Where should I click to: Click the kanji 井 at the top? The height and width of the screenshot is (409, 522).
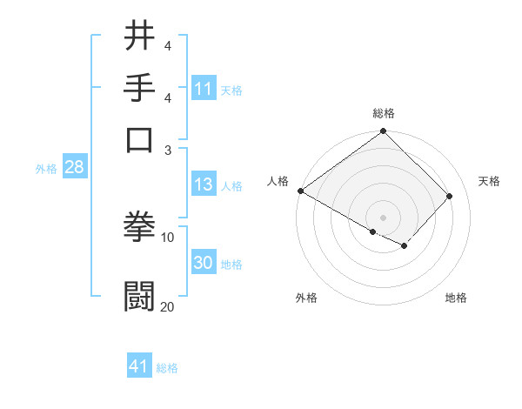[139, 36]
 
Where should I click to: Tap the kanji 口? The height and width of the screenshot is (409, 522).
[139, 139]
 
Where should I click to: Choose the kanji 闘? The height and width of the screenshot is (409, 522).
[139, 295]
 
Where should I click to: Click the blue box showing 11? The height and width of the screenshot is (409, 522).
[203, 89]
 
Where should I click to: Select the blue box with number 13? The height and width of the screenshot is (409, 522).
[203, 184]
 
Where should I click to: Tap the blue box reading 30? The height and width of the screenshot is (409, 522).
[203, 263]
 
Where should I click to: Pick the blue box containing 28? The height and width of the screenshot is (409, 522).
[74, 168]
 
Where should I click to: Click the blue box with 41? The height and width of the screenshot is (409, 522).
[139, 366]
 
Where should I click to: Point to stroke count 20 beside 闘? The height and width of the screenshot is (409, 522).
[167, 306]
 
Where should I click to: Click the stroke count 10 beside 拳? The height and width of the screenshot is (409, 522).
[167, 237]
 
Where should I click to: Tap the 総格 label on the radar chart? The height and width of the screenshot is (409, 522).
[383, 113]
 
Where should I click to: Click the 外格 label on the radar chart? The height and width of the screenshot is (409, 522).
[306, 298]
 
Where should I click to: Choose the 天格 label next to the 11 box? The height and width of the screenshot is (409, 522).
[231, 90]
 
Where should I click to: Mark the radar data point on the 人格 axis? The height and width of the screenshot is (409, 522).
[301, 191]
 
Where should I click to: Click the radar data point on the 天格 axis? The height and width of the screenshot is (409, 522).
[450, 196]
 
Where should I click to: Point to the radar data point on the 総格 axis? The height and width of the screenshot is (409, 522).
[383, 132]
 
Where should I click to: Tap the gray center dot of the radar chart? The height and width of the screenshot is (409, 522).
[383, 217]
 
